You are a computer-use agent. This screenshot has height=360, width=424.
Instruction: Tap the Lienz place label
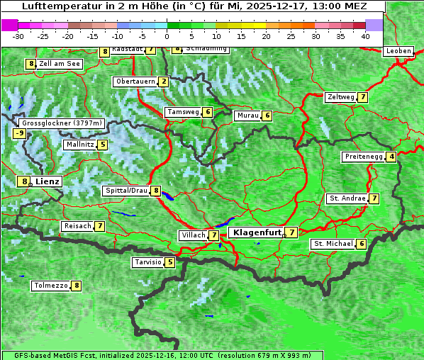coord(48,181)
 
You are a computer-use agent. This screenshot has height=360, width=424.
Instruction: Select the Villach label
coord(193,235)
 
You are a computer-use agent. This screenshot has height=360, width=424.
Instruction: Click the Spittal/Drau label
coord(126,191)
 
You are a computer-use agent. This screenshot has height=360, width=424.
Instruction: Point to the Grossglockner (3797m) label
coord(62,123)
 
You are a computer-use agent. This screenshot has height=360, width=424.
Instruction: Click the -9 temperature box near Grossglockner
coord(20,133)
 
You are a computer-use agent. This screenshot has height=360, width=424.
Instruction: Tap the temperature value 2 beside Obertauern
coord(164,81)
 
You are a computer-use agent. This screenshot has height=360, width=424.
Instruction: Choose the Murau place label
coord(247,116)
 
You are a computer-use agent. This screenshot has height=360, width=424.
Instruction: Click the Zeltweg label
coord(340,97)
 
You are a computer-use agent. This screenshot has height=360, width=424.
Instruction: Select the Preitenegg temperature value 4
coord(391,157)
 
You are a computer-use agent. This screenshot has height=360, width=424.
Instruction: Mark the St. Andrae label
coord(347,198)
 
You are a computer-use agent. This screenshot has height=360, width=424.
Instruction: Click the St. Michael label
coord(333,244)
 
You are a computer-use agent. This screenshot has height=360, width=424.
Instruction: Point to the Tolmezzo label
coord(50,286)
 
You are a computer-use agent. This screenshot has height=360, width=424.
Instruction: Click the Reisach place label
coord(77,226)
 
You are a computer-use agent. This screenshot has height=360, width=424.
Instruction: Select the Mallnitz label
coord(79,145)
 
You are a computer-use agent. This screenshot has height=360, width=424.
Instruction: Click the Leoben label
coord(398,51)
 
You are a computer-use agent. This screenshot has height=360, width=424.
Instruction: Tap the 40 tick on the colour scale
coord(365,35)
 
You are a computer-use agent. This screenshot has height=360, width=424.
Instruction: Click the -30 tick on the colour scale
coord(18,35)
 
